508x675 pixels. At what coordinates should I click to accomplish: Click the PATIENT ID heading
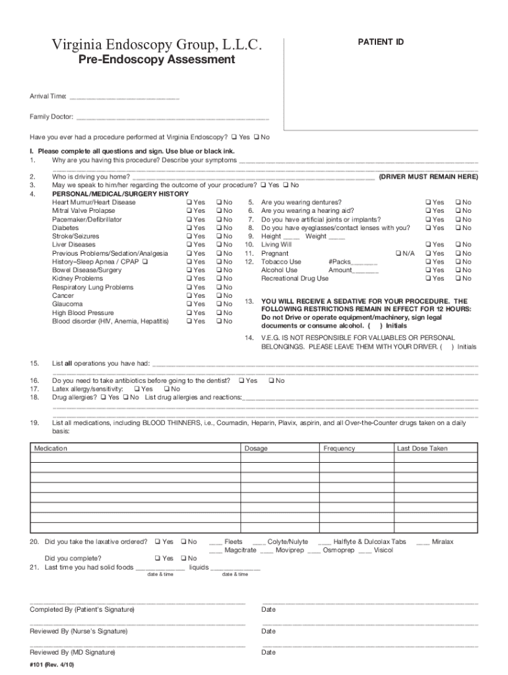click(381, 42)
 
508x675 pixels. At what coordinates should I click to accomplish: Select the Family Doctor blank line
click(172, 118)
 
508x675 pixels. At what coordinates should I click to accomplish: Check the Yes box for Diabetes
click(189, 228)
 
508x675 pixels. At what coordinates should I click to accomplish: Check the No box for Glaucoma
click(219, 305)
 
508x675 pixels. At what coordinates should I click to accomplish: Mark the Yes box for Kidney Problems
click(189, 279)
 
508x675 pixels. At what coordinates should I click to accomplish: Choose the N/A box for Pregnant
click(397, 254)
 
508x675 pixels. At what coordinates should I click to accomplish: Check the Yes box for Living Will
click(429, 245)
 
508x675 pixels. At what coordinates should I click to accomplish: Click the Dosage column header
click(256, 449)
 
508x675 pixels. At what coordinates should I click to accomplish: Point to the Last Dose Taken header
click(422, 449)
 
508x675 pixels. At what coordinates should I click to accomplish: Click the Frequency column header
click(339, 449)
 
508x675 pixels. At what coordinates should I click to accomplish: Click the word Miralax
click(443, 542)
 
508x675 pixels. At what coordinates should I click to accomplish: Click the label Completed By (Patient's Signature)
click(82, 610)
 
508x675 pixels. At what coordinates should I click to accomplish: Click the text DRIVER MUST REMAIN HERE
click(428, 177)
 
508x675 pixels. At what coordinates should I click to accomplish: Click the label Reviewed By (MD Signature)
click(73, 653)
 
